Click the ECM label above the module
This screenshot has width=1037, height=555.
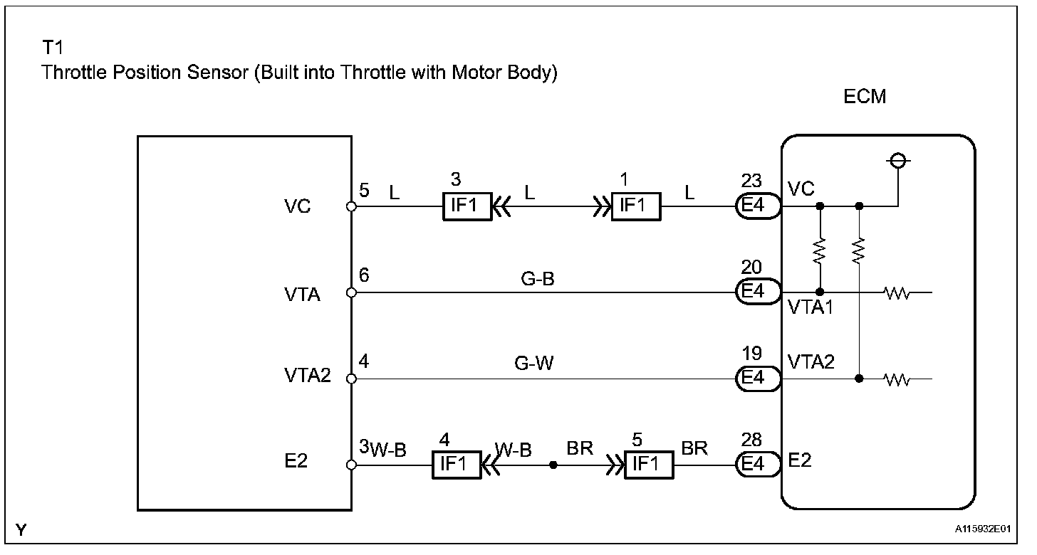(x=865, y=97)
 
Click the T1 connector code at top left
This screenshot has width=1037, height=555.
(x=53, y=47)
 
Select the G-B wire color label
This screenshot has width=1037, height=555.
(x=538, y=278)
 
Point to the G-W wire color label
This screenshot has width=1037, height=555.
(x=533, y=363)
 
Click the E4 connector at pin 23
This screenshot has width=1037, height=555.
(x=759, y=206)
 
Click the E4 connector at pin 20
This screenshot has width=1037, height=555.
(x=759, y=292)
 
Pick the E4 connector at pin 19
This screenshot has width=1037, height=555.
(x=759, y=379)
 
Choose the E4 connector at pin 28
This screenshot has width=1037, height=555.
(x=759, y=464)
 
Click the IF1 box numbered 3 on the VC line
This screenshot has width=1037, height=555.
(x=467, y=206)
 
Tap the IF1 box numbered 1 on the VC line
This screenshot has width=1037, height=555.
(x=636, y=206)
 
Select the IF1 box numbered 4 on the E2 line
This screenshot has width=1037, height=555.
(x=457, y=465)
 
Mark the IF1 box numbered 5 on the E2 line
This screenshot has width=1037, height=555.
(x=649, y=465)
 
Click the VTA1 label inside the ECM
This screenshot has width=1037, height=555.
(x=811, y=307)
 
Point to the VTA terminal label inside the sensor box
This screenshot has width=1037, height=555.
(x=302, y=295)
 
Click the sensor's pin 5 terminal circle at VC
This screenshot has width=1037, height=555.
(x=351, y=206)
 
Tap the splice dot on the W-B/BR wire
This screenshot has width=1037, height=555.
(x=553, y=465)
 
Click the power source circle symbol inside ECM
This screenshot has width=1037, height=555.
(x=898, y=161)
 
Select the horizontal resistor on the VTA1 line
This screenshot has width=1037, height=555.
(x=897, y=292)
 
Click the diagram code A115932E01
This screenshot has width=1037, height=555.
(x=982, y=529)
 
